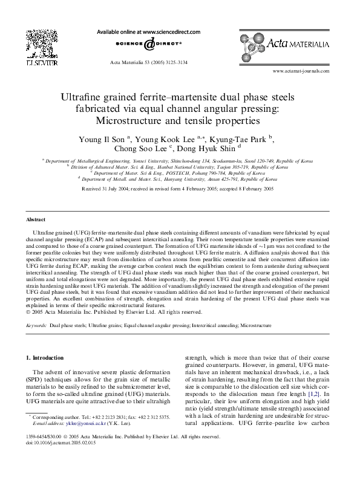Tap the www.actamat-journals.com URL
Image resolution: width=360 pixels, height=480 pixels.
point(301,71)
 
